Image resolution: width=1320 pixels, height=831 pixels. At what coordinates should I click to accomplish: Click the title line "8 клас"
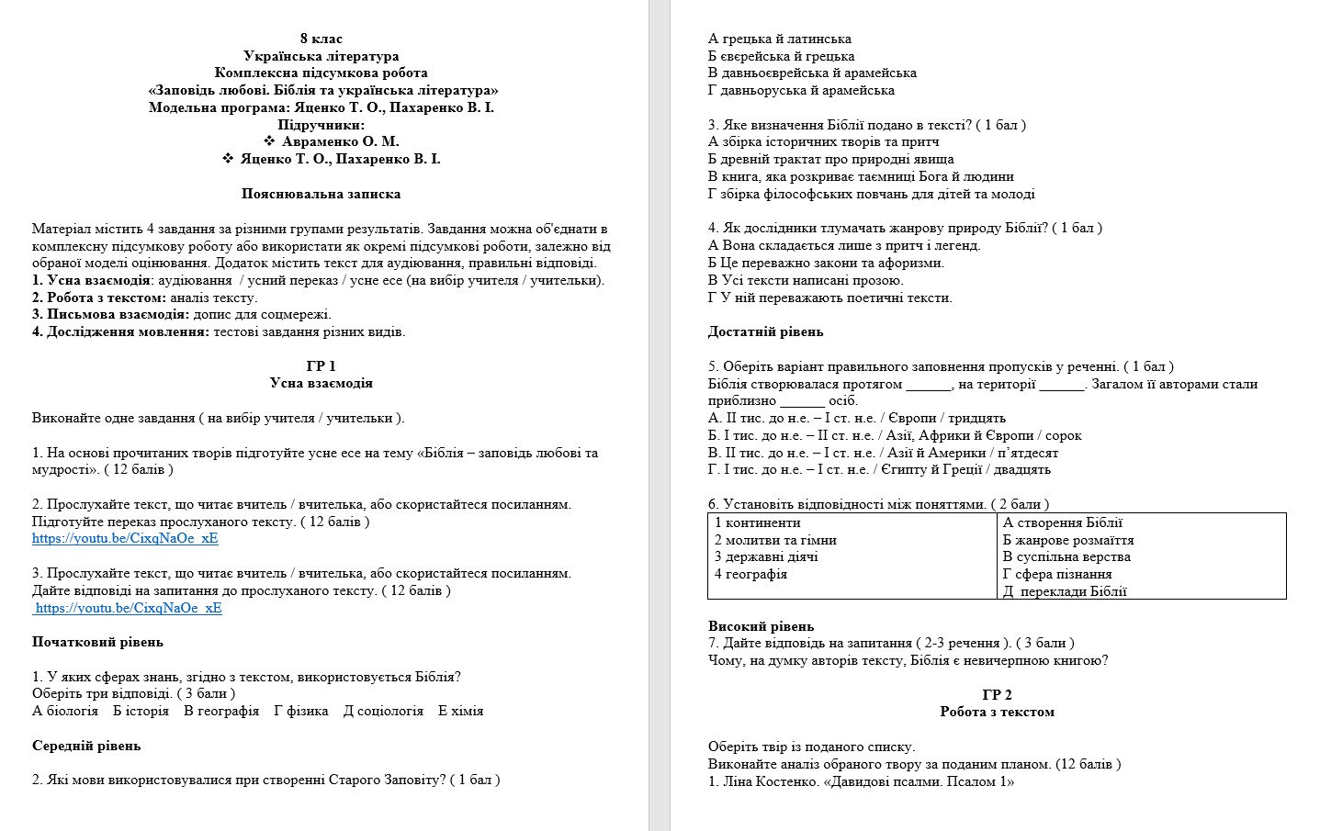point(321,39)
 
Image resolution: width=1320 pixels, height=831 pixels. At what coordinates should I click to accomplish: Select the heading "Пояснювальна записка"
point(321,194)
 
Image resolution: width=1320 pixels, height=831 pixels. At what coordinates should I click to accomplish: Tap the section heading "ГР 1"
point(321,365)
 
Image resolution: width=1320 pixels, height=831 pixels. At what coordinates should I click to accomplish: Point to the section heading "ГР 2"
point(997,694)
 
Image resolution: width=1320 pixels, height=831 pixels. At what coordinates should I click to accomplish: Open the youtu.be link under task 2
point(125,538)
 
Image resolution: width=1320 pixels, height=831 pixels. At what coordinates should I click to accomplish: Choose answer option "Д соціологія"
point(383,711)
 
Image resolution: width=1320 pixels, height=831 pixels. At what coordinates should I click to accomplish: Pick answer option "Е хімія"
point(460,711)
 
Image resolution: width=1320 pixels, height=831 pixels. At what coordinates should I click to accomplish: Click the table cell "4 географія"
point(751,574)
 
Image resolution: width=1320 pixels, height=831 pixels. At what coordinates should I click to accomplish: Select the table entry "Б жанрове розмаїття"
point(1068,540)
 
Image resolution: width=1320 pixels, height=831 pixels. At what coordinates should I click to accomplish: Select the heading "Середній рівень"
point(86,746)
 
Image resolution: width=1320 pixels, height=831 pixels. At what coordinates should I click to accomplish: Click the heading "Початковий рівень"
point(97,642)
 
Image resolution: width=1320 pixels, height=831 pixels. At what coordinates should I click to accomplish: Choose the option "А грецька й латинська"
point(780,39)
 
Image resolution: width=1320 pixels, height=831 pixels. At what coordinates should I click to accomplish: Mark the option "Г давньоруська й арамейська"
point(801,90)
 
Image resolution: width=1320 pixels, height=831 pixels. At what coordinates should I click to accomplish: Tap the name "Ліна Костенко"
point(766,781)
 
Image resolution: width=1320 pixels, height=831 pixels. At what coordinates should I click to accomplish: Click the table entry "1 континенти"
point(758,522)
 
